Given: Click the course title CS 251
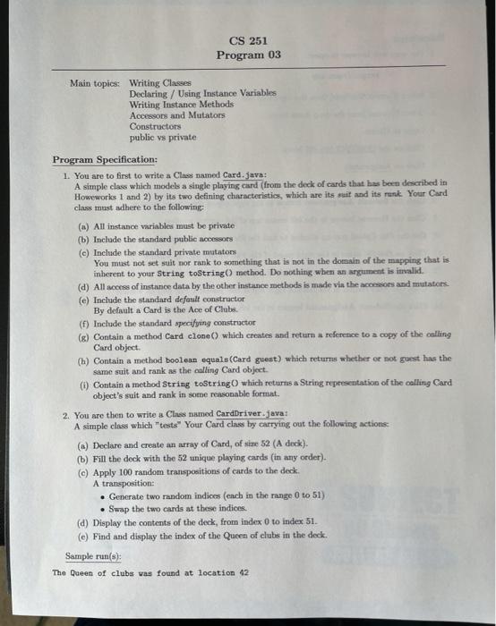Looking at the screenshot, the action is click(248, 40).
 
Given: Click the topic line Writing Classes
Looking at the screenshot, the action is click(160, 82).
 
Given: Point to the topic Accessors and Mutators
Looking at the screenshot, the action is click(177, 115).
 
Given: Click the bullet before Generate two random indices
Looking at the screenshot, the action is click(104, 495).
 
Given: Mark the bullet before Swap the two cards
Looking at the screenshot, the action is click(104, 507).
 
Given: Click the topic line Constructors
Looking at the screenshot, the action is click(154, 127).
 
